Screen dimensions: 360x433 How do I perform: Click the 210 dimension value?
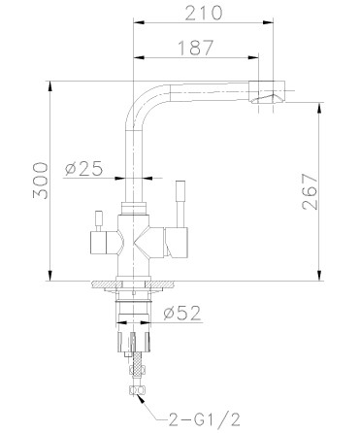(x=203, y=13)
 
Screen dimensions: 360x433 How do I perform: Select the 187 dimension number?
(x=196, y=48)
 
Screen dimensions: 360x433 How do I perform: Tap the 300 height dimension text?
(x=41, y=181)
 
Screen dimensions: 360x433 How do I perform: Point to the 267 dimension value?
(x=310, y=192)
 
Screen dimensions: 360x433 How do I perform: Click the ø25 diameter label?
(x=83, y=168)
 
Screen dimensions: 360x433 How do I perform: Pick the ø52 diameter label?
(x=182, y=313)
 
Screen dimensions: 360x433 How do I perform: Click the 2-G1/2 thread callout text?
(x=205, y=420)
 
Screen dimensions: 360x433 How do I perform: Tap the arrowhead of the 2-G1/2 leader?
(x=140, y=398)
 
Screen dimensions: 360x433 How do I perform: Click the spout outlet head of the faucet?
(x=267, y=92)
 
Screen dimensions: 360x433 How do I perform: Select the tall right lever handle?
(x=180, y=204)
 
